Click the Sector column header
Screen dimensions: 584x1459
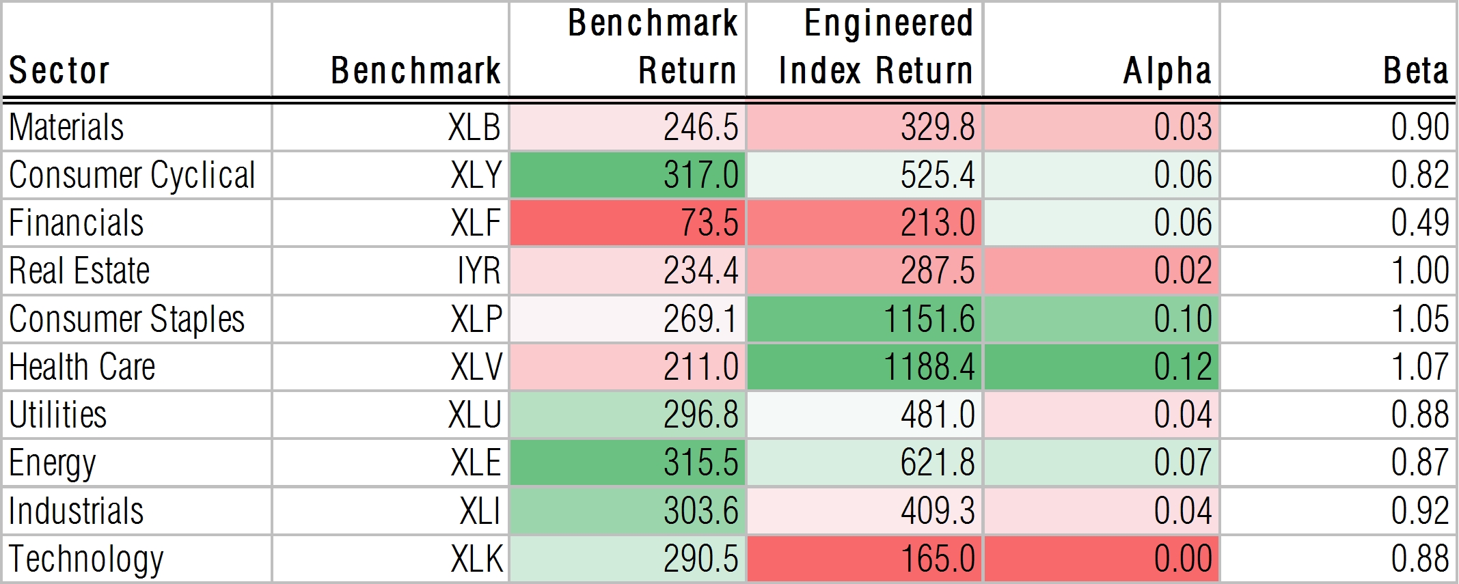click(x=59, y=70)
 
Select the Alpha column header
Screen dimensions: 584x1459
click(x=1167, y=70)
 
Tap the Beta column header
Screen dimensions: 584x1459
click(x=1416, y=70)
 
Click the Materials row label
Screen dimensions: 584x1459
click(x=66, y=127)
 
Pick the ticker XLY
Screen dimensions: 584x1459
click(x=476, y=175)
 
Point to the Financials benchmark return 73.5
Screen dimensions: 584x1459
click(x=709, y=223)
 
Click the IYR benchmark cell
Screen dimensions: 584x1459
click(x=478, y=270)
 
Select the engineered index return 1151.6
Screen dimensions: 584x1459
click(x=929, y=319)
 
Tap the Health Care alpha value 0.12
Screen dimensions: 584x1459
click(x=1183, y=367)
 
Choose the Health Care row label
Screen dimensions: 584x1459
click(x=82, y=367)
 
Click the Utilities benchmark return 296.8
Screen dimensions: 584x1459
click(x=700, y=415)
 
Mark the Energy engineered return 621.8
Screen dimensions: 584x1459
click(x=937, y=462)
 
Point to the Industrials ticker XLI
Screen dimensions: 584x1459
click(x=480, y=511)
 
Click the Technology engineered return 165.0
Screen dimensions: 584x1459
click(x=937, y=559)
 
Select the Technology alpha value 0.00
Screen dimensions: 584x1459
click(x=1183, y=559)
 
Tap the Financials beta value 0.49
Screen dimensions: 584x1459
click(x=1420, y=223)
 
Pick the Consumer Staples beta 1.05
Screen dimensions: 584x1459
click(x=1420, y=319)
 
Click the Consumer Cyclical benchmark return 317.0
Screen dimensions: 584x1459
click(x=700, y=175)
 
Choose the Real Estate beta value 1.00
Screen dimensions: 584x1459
click(x=1420, y=270)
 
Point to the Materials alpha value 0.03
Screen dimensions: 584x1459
click(x=1183, y=127)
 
